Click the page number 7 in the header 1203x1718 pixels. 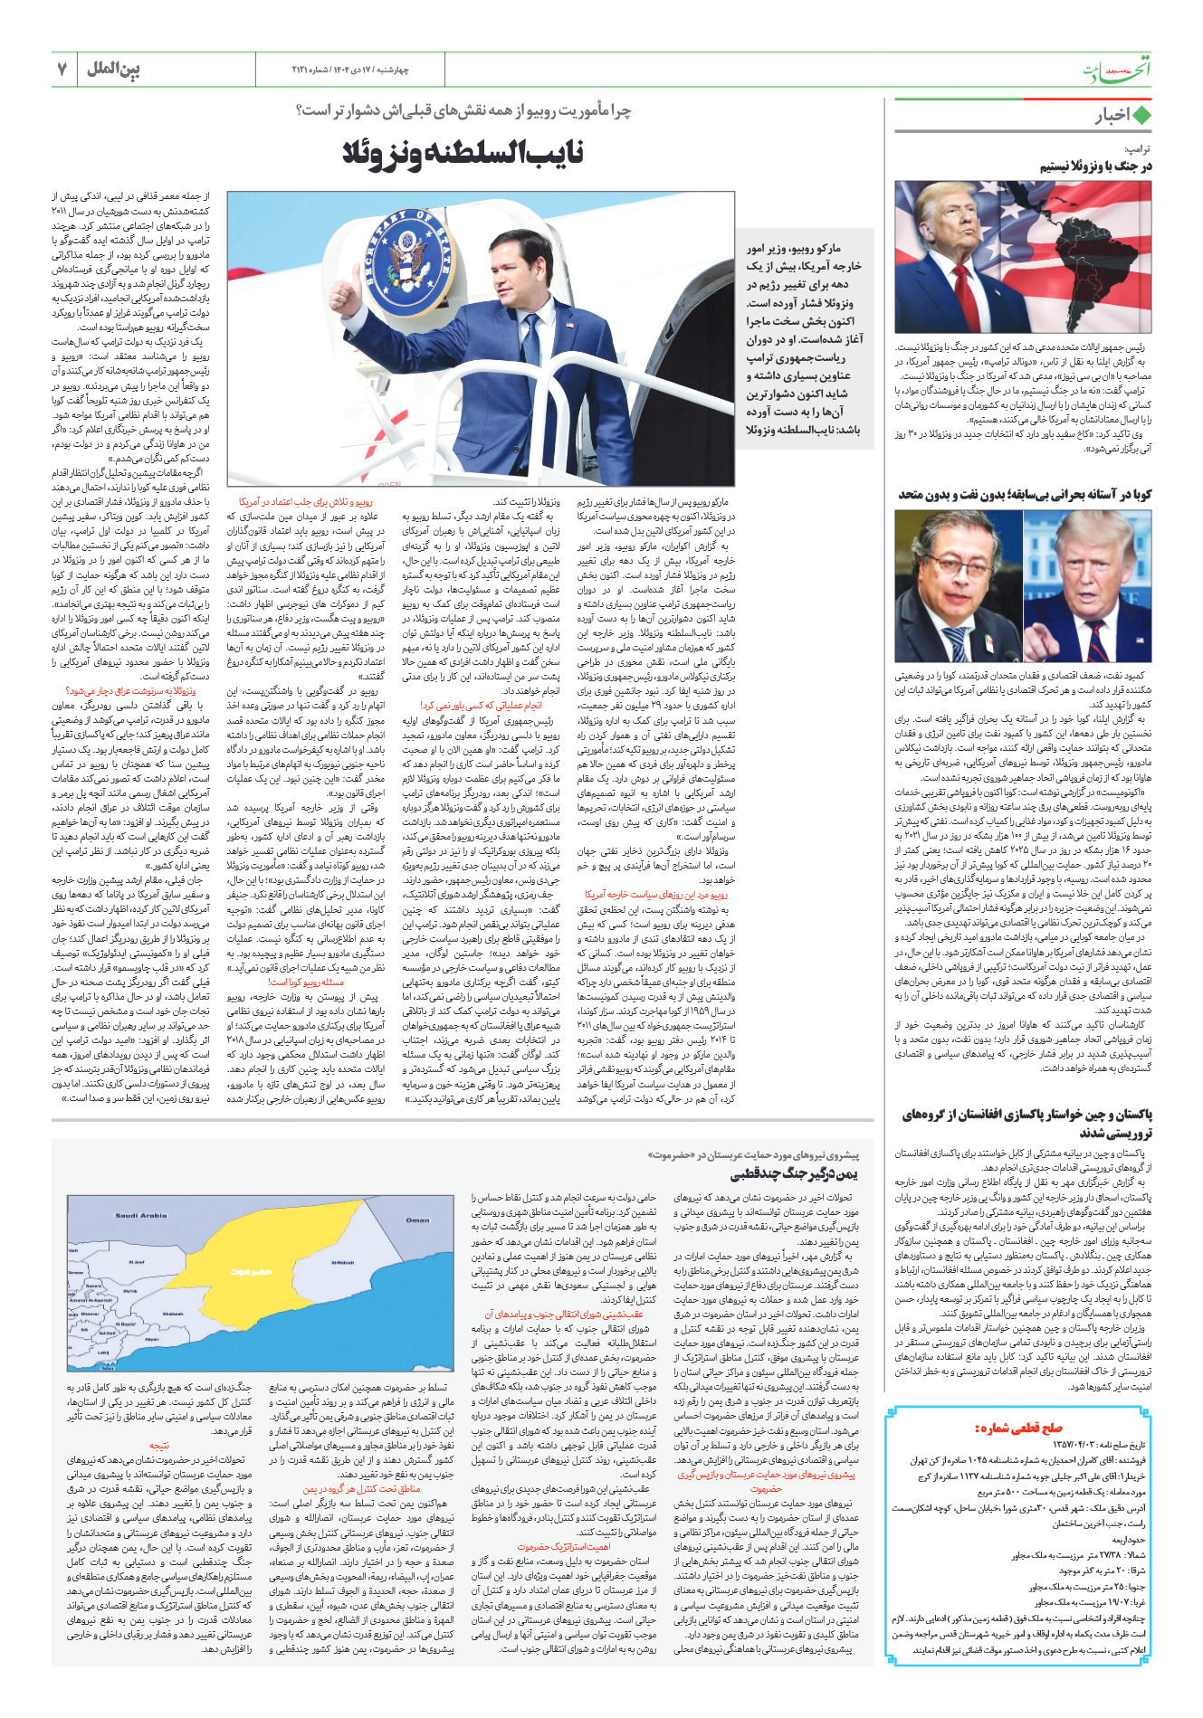pos(62,69)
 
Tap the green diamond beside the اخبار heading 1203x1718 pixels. pos(1142,116)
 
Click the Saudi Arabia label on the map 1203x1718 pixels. pos(141,1215)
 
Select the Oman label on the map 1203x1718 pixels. pos(417,1220)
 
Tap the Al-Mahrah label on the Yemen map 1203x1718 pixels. pos(343,1262)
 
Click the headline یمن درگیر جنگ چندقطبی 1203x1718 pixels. pos(794,1174)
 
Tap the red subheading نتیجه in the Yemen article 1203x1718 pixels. pos(159,1446)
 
